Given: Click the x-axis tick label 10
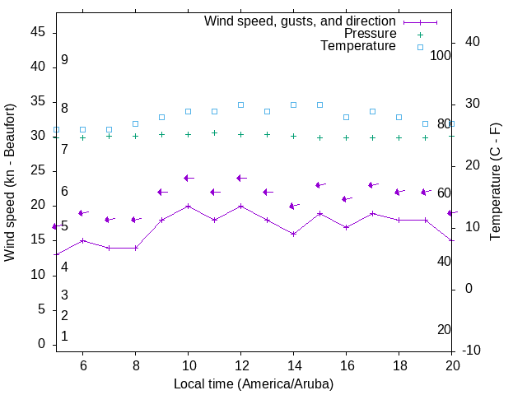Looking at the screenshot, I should [x=188, y=365].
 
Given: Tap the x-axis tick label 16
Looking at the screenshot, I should [x=346, y=365].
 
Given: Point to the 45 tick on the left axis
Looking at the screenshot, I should [x=37, y=31].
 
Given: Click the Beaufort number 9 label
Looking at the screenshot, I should [x=64, y=60].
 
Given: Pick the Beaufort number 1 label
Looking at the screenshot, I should [x=64, y=337].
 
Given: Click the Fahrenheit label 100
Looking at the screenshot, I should [x=441, y=55].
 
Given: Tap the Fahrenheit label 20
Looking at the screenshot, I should [x=444, y=330].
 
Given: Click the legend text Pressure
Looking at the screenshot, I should [x=370, y=34].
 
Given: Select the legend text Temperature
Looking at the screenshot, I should [x=358, y=46].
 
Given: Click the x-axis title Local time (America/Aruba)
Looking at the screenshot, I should [x=254, y=384].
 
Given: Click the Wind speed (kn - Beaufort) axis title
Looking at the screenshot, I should [x=10, y=183].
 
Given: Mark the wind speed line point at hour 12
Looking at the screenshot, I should [x=240, y=206].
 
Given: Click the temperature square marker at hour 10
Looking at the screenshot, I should [x=188, y=111].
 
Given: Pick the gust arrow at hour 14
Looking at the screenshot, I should [x=293, y=206].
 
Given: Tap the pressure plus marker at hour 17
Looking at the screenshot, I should [x=372, y=137].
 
